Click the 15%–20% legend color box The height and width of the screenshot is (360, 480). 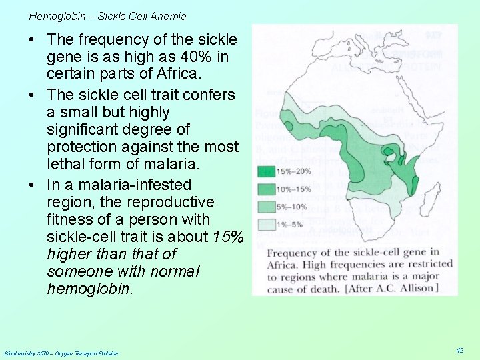266,172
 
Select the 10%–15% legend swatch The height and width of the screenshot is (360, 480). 266,190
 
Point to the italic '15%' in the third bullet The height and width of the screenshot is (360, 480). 229,237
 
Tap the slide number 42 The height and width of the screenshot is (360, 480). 459,350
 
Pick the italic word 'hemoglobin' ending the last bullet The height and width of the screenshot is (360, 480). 89,289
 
